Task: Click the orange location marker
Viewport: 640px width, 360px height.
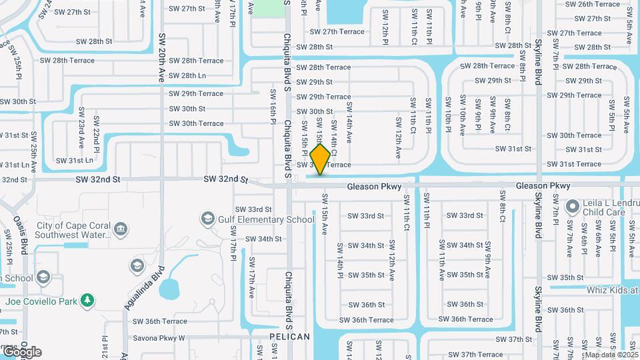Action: [x=321, y=159]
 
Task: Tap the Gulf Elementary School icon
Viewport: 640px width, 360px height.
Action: [x=208, y=219]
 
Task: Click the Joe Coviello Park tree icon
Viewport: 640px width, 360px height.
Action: [x=87, y=301]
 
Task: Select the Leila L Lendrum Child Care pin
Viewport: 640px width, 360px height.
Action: [x=572, y=207]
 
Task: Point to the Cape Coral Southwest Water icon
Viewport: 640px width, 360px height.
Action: [x=121, y=230]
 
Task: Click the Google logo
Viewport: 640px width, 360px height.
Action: [x=21, y=351]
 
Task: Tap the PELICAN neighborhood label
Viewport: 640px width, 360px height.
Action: [x=290, y=337]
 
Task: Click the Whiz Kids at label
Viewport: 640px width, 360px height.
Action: [x=612, y=290]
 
